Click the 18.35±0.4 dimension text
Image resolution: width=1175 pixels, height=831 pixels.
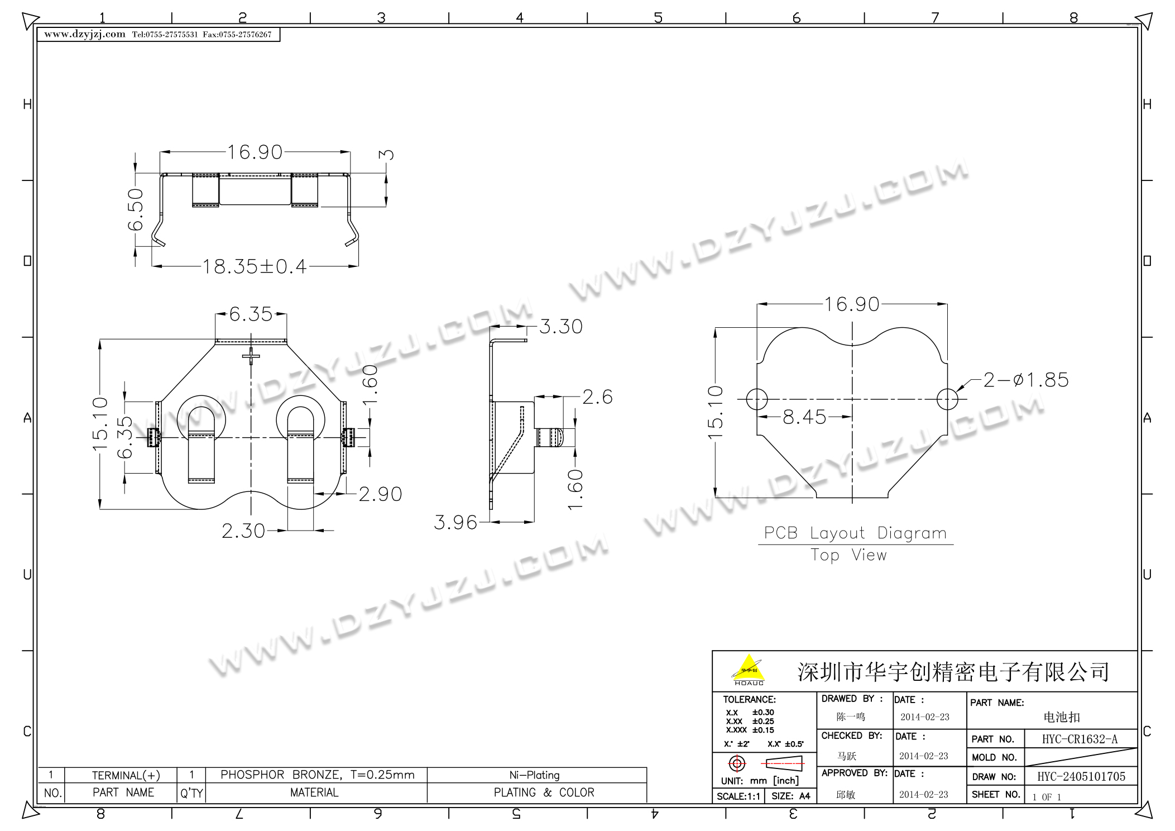pos(255,266)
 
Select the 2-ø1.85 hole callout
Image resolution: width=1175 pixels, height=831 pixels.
pos(1026,380)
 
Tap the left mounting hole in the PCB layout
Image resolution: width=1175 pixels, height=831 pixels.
pos(757,399)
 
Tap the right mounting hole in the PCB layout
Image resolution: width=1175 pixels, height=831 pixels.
pos(948,399)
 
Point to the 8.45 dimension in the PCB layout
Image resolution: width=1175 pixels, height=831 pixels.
pos(804,417)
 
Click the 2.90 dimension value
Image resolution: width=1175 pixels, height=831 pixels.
pos(380,494)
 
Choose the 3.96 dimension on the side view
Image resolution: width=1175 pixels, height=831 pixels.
pos(455,523)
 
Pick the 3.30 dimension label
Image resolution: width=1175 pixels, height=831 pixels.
pos(561,327)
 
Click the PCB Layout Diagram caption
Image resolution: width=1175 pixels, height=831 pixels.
pos(855,533)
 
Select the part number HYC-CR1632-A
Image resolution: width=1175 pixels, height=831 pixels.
pos(1080,739)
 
